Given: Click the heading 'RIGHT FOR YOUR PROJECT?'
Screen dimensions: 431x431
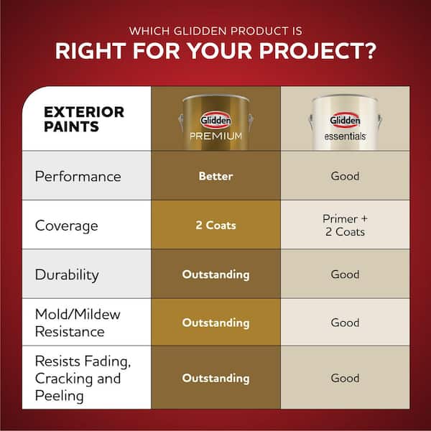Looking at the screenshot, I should pos(215,52).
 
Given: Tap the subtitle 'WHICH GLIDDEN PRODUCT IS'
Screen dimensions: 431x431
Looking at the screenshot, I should pos(215,31).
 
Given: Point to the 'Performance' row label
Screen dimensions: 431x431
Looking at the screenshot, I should pos(78,176).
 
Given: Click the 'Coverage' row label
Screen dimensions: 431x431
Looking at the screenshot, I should pos(66,225).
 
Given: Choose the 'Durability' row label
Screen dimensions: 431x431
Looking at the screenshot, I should pos(67,274).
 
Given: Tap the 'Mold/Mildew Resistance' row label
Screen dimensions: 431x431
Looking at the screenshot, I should pos(78,323).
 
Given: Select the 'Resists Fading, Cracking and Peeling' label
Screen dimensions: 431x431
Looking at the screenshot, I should pos(83,378).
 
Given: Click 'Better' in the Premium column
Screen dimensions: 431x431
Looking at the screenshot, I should pos(215,176).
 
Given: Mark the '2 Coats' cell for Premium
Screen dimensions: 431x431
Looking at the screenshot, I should pos(215,225).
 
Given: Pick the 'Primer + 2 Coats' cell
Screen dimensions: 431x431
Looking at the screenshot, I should pos(345,225).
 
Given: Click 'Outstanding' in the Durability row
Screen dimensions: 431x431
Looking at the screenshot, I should pos(215,274).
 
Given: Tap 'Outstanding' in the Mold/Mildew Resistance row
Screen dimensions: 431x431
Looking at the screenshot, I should pos(215,323).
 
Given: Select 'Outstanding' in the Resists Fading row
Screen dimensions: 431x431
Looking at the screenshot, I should pos(215,378).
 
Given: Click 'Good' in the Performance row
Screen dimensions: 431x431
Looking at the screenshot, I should pos(345,176).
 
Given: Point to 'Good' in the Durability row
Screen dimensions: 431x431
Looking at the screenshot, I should pos(345,274).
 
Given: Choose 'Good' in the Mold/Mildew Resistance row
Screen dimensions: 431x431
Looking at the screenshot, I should pos(345,323).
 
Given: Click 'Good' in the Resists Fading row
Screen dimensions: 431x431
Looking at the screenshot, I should pos(345,378).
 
